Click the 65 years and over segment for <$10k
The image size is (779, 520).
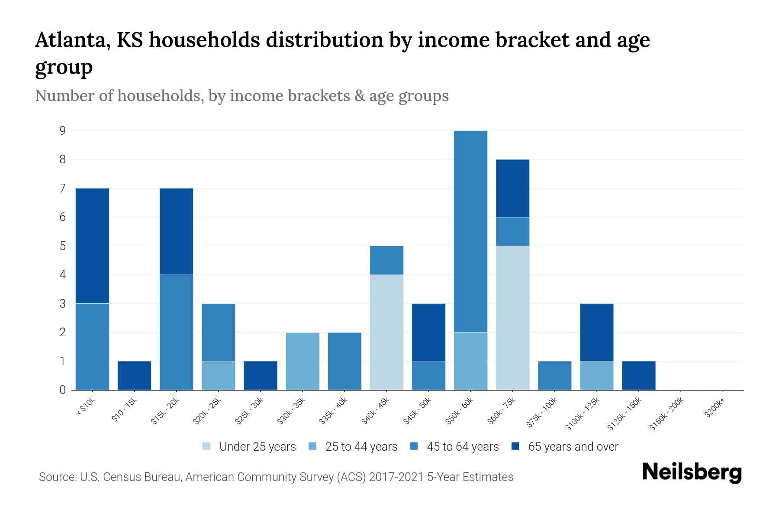(92, 246)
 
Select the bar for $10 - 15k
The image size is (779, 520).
(134, 375)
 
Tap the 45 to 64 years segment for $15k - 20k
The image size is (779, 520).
(176, 332)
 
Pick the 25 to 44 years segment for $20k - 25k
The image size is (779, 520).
(219, 375)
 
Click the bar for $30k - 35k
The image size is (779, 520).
(303, 361)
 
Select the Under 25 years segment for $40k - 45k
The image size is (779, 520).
(386, 332)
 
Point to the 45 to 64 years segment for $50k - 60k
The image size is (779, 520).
(470, 231)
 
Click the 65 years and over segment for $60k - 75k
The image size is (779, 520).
(512, 188)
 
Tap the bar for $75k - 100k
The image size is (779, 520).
(554, 375)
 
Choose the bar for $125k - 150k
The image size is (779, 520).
(639, 375)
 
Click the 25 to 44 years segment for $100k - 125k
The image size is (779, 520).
(596, 375)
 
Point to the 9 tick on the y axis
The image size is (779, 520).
(63, 130)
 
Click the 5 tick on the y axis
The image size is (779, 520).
(63, 246)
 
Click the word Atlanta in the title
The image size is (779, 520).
(69, 40)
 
